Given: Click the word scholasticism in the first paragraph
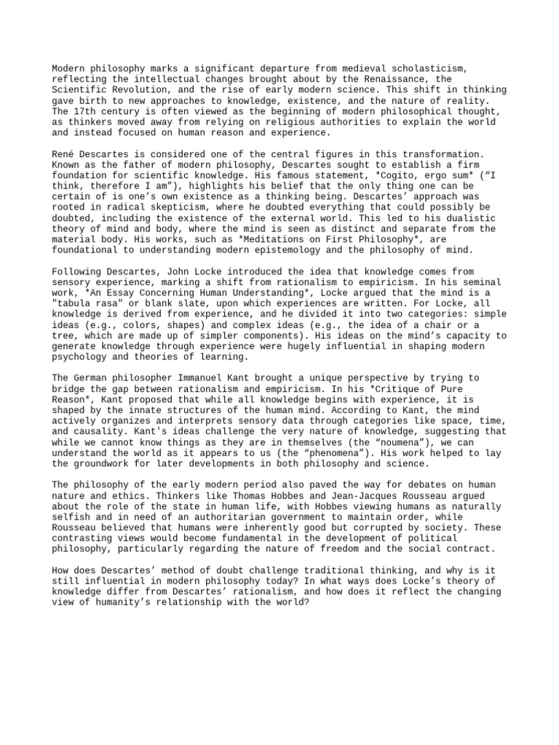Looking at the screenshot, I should tap(429, 68).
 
